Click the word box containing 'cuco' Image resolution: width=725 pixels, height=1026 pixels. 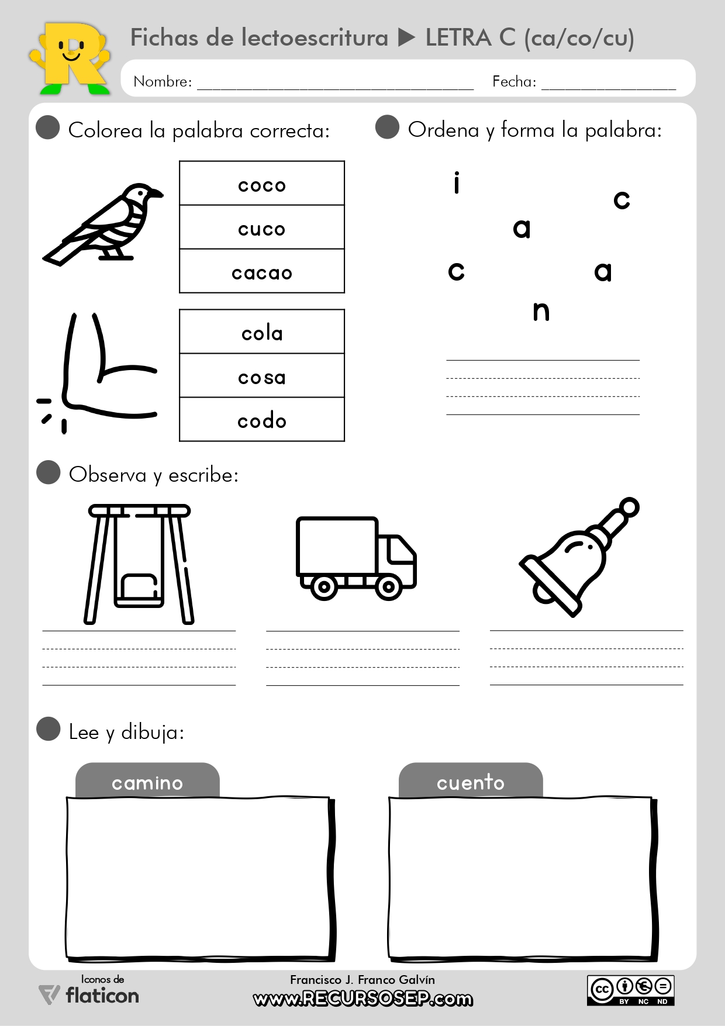tap(262, 227)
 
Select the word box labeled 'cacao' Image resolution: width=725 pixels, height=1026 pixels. tap(262, 271)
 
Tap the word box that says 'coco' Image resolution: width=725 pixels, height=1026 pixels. tap(262, 184)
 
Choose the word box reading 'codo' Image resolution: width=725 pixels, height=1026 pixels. tap(262, 420)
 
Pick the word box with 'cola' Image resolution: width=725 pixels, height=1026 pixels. tap(262, 332)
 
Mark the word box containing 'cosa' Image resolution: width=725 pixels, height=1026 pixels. tap(262, 376)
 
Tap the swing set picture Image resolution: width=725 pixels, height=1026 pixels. tap(139, 564)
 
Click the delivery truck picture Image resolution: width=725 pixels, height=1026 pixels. tap(356, 558)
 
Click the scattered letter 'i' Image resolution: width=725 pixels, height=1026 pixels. tap(457, 183)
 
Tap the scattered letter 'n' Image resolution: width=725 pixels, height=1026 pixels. tap(541, 312)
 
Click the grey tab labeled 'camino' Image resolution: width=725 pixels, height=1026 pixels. tap(147, 781)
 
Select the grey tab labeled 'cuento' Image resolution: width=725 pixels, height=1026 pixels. tap(471, 781)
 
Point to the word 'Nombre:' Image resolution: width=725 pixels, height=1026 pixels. tap(163, 81)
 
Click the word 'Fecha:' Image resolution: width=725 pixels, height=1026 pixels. tap(514, 81)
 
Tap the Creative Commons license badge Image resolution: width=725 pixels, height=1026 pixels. tap(631, 990)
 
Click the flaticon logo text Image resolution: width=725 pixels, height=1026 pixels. tap(102, 995)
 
